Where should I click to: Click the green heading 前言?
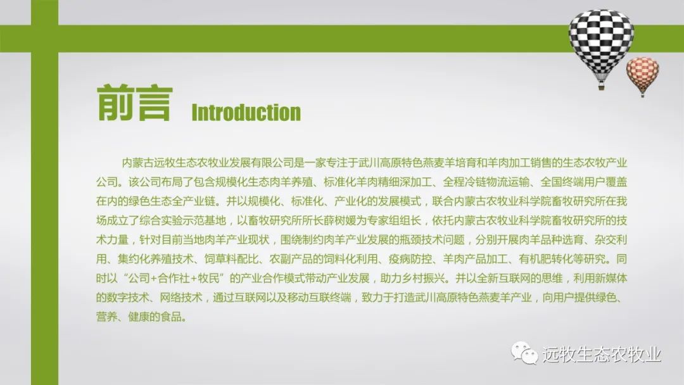point(135,103)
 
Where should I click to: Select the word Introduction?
point(246,113)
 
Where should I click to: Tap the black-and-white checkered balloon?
point(601,45)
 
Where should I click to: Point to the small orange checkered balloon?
point(643,74)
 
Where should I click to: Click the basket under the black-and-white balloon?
point(601,87)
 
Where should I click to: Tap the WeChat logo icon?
point(524,353)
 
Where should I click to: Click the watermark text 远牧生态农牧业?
point(602,354)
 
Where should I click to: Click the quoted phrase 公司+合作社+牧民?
point(177,278)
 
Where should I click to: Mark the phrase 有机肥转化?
point(545,259)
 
